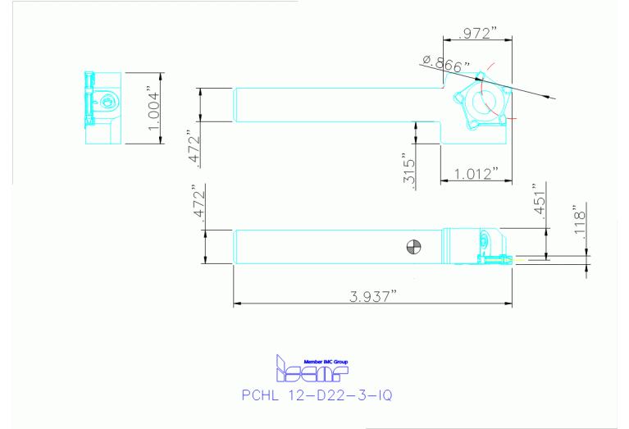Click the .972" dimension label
479,34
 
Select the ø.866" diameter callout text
447,62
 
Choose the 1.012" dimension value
476,174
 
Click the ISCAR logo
299,372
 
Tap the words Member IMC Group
326,362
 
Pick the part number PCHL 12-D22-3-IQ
317,395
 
